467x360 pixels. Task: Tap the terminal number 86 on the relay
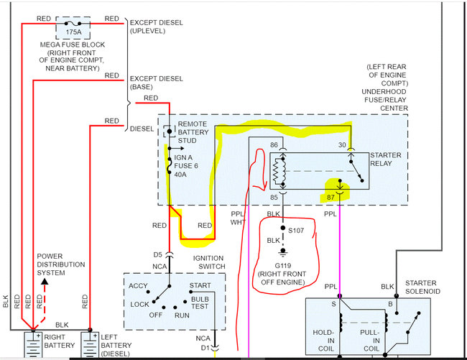pyautogui.click(x=273, y=146)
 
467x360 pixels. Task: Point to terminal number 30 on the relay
pyautogui.click(x=342, y=146)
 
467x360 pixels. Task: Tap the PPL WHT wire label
pyautogui.click(x=238, y=218)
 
